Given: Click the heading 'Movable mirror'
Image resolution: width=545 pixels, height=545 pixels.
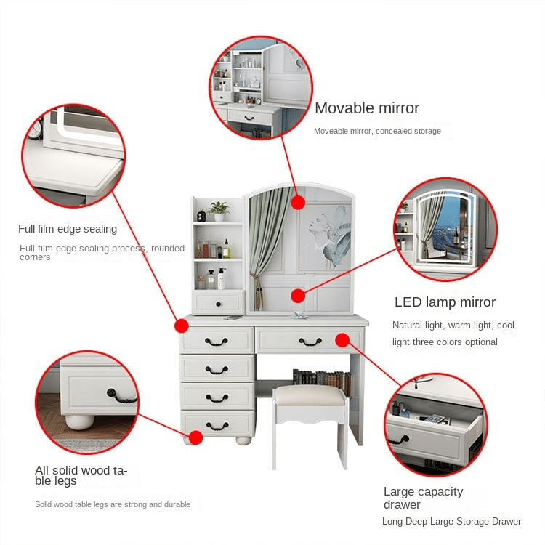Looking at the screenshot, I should click(x=367, y=108).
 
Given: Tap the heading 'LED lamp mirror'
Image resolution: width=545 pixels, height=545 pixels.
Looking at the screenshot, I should click(x=445, y=302).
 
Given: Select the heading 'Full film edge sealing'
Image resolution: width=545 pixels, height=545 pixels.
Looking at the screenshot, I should click(x=68, y=229).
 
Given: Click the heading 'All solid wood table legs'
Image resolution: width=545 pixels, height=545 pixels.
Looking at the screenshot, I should click(x=81, y=475).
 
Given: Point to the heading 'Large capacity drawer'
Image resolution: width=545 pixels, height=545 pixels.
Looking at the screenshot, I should click(x=423, y=498).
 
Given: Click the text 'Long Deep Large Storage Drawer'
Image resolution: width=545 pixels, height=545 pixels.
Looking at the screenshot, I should click(x=451, y=522).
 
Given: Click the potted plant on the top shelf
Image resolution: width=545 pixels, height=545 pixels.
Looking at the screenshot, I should click(x=219, y=210).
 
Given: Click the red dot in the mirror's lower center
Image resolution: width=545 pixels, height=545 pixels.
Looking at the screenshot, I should click(x=296, y=295).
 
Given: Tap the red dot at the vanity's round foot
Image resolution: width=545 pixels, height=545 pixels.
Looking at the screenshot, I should click(x=195, y=437).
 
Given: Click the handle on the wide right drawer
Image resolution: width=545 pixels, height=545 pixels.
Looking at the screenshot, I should click(x=310, y=341).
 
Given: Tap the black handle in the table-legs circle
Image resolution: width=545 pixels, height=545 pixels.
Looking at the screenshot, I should click(x=122, y=396).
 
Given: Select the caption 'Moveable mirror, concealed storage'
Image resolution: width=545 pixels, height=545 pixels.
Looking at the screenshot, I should click(x=377, y=131).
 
